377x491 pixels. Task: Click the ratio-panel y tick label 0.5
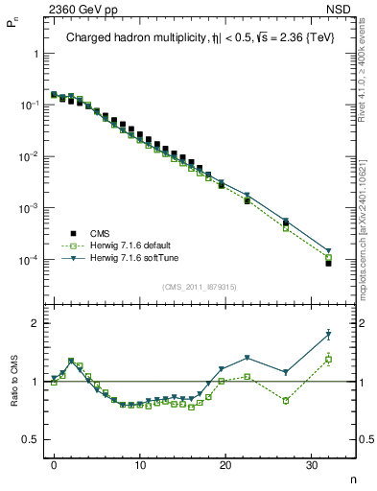point(35,440)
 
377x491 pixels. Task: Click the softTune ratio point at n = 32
point(328,335)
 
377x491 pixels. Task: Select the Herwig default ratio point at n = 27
point(286,400)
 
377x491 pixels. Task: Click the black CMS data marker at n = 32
point(328,263)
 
